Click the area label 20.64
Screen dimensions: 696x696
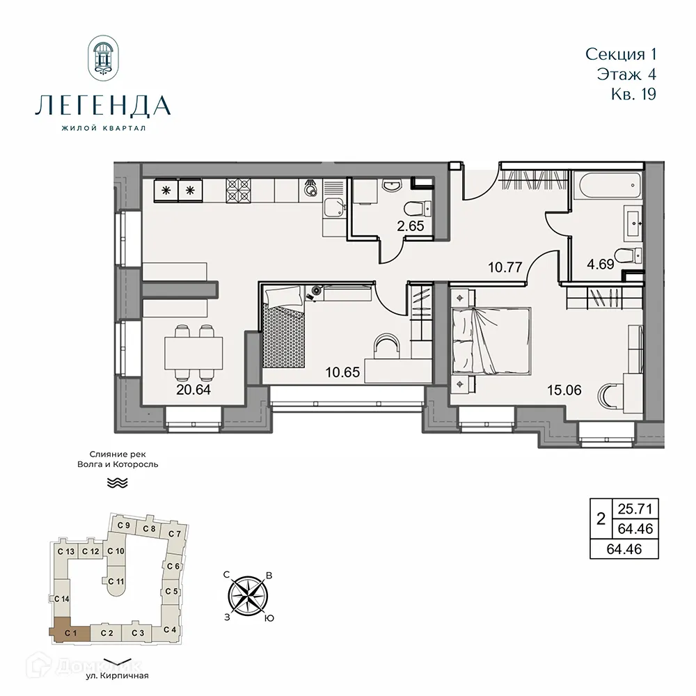tap(193, 389)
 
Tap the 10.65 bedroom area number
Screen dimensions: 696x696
tap(342, 372)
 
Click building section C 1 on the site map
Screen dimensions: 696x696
tap(70, 632)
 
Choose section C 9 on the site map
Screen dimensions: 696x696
tap(124, 525)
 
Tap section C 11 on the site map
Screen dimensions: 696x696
tap(116, 581)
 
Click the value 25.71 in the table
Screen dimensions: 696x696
tap(633, 507)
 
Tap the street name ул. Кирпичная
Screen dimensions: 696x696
tap(118, 675)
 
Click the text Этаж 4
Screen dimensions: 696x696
tap(626, 73)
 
